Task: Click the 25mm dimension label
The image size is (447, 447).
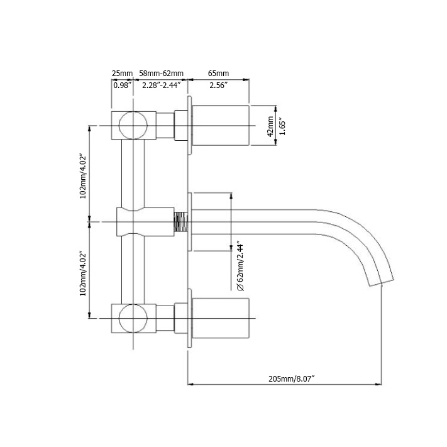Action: (x=122, y=74)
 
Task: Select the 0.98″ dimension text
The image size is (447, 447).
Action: (x=122, y=86)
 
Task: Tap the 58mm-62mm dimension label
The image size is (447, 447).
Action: (x=161, y=74)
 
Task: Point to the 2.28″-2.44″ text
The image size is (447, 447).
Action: (x=161, y=86)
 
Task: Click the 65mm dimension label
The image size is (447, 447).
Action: (x=219, y=74)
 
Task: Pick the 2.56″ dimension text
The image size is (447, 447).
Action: (x=219, y=86)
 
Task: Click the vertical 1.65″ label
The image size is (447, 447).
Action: (x=282, y=126)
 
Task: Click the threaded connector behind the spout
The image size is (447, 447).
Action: (x=181, y=221)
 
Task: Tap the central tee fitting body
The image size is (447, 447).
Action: (x=135, y=221)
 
